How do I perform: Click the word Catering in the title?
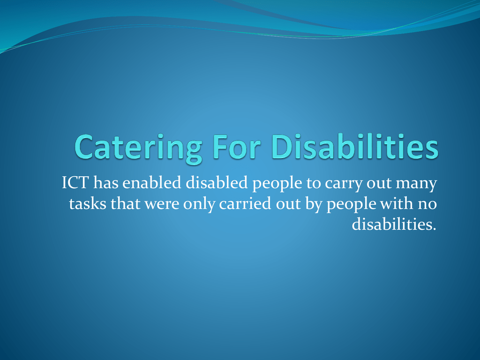(x=138, y=148)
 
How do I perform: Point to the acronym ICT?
(x=75, y=182)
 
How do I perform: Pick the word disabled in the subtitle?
(x=217, y=182)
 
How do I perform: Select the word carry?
(x=344, y=184)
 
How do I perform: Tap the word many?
(x=416, y=184)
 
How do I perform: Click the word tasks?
(x=88, y=203)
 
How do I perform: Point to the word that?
(x=126, y=203)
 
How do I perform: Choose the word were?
(x=162, y=204)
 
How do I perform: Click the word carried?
(x=245, y=203)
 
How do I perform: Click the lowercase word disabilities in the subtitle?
(x=394, y=225)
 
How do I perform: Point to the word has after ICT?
(x=105, y=182)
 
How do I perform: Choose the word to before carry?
(x=314, y=183)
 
